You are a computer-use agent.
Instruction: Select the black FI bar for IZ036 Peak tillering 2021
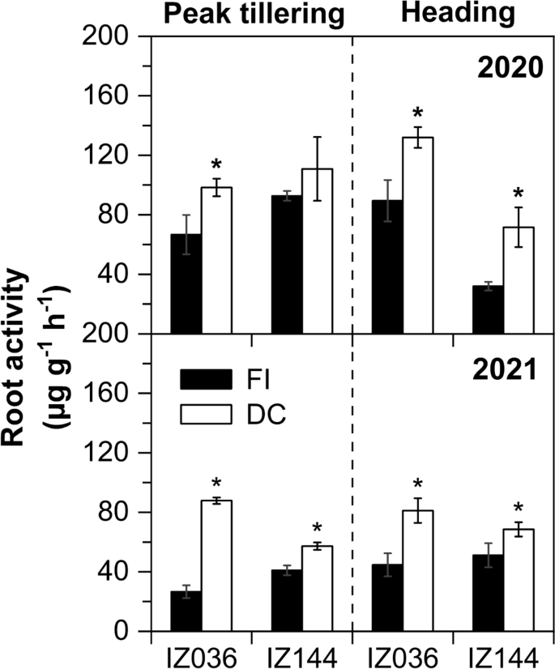point(186,611)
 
